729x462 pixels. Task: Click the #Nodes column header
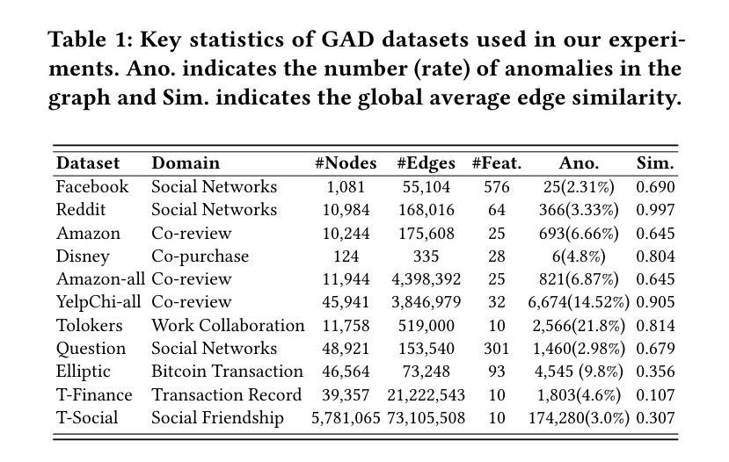click(x=346, y=163)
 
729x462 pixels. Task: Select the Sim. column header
click(x=655, y=163)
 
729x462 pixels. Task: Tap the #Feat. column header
click(x=497, y=163)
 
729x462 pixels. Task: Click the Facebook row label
click(x=92, y=187)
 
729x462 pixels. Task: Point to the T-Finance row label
click(x=94, y=394)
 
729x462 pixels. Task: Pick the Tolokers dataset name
click(x=90, y=325)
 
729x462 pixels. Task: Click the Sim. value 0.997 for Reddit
click(x=655, y=210)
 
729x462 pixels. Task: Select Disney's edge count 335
click(x=426, y=256)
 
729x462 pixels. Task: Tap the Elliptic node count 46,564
click(x=346, y=372)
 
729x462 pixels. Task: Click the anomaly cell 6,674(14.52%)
click(x=579, y=302)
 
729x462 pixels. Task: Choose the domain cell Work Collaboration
click(x=228, y=325)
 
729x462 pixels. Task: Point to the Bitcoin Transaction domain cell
click(x=228, y=372)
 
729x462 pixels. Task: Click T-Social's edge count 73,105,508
click(x=426, y=417)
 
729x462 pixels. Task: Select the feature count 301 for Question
click(x=497, y=348)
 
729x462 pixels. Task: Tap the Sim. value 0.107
click(x=655, y=394)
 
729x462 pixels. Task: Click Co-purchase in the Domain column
click(x=200, y=256)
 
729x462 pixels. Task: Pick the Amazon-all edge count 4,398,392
click(x=426, y=279)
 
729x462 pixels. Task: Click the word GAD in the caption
click(x=347, y=39)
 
